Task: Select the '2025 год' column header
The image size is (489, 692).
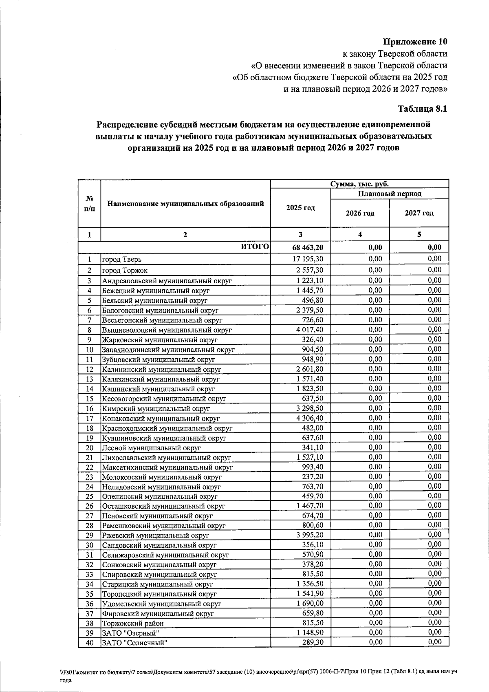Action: [x=300, y=208]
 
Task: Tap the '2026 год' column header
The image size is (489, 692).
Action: [x=360, y=213]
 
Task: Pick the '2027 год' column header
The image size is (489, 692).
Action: [x=419, y=213]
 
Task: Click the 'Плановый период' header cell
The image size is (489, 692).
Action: [x=390, y=194]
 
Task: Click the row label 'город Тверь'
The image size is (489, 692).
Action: [x=122, y=259]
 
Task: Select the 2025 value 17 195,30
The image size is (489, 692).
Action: [x=308, y=259]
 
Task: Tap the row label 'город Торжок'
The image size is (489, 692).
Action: [x=125, y=271]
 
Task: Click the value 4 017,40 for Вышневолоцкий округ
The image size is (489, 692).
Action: [x=310, y=329]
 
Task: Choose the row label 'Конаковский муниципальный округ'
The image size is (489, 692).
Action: [x=161, y=419]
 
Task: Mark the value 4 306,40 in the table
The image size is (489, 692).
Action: [x=310, y=418]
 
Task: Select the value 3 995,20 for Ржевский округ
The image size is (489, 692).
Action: [x=310, y=535]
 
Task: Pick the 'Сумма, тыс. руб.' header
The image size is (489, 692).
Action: [x=359, y=184]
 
